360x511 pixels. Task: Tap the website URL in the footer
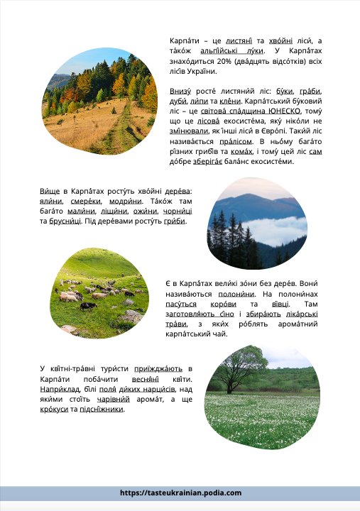pyautogui.click(x=180, y=493)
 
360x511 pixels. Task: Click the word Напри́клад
pyautogui.click(x=58, y=389)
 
